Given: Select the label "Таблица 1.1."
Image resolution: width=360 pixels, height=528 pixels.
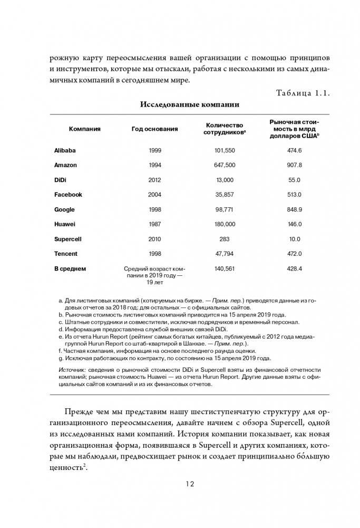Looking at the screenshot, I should [x=303, y=93].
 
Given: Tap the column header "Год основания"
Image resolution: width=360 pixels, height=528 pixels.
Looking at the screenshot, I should [x=154, y=129].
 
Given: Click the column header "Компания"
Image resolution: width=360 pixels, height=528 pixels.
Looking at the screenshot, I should [x=84, y=129].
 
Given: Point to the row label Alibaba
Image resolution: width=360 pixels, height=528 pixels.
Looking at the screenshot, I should [x=65, y=150].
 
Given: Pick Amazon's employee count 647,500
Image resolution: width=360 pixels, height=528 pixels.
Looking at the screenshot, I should [x=225, y=165].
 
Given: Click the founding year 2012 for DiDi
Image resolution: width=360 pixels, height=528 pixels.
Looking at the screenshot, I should [x=154, y=180].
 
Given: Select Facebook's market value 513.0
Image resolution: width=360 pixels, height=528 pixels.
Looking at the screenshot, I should [x=294, y=195].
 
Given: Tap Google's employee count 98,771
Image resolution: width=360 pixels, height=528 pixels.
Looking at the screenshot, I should [x=225, y=209].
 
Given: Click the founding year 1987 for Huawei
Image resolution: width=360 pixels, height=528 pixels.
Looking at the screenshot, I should [x=154, y=224].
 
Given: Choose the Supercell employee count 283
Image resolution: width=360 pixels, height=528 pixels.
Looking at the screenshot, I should [x=225, y=239].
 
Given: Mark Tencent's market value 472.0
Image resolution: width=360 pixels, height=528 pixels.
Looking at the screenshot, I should [x=294, y=254].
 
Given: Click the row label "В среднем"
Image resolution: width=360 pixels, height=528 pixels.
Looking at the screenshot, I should [x=70, y=268].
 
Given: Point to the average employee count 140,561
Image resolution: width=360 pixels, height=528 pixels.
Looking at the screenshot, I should [x=225, y=268].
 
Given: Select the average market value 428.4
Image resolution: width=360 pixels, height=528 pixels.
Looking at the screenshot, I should [x=294, y=268].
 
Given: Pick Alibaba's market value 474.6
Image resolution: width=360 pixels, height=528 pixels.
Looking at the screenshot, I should [x=294, y=150].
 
